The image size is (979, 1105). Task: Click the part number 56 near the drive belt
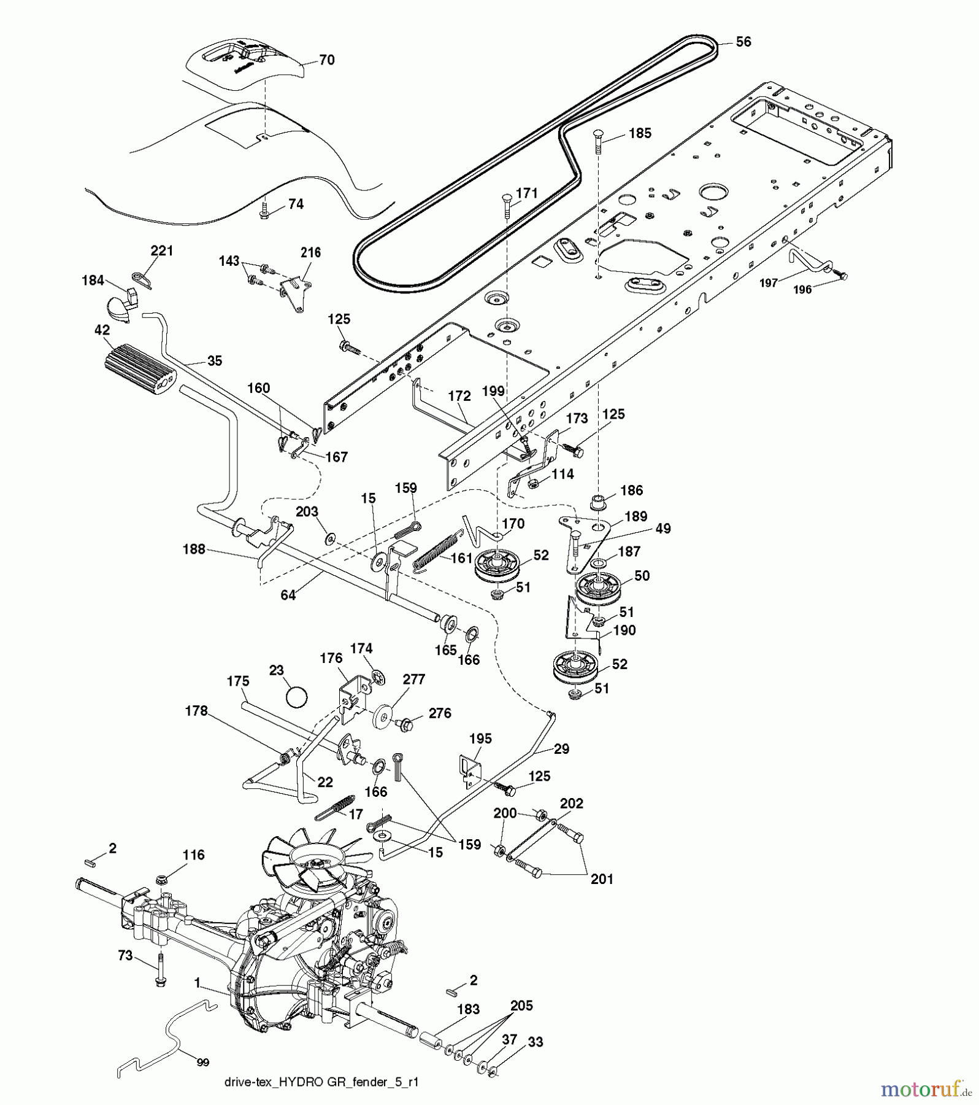(743, 42)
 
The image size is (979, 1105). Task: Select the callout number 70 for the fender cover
(327, 60)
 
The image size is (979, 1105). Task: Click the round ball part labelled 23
(297, 699)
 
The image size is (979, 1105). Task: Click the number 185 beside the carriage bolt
(640, 133)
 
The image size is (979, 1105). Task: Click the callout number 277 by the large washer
(413, 680)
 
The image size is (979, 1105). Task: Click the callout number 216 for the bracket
(310, 252)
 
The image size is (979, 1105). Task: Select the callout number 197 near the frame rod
(769, 282)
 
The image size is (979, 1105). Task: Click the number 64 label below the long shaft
(288, 595)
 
